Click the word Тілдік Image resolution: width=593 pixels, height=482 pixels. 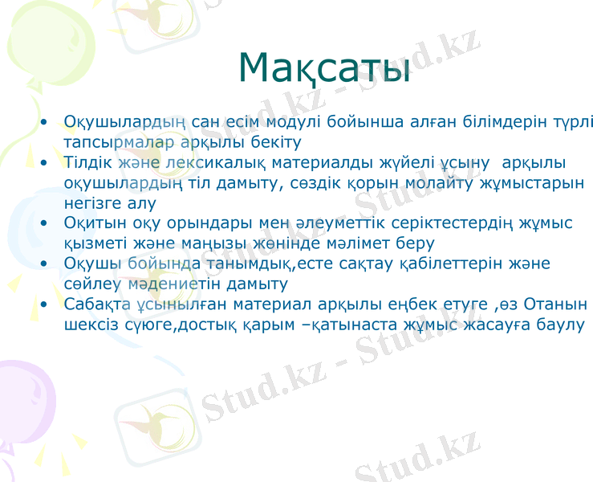[87, 163]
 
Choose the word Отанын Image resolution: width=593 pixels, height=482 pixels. [558, 305]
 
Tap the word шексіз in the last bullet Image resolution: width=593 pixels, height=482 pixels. [89, 325]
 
